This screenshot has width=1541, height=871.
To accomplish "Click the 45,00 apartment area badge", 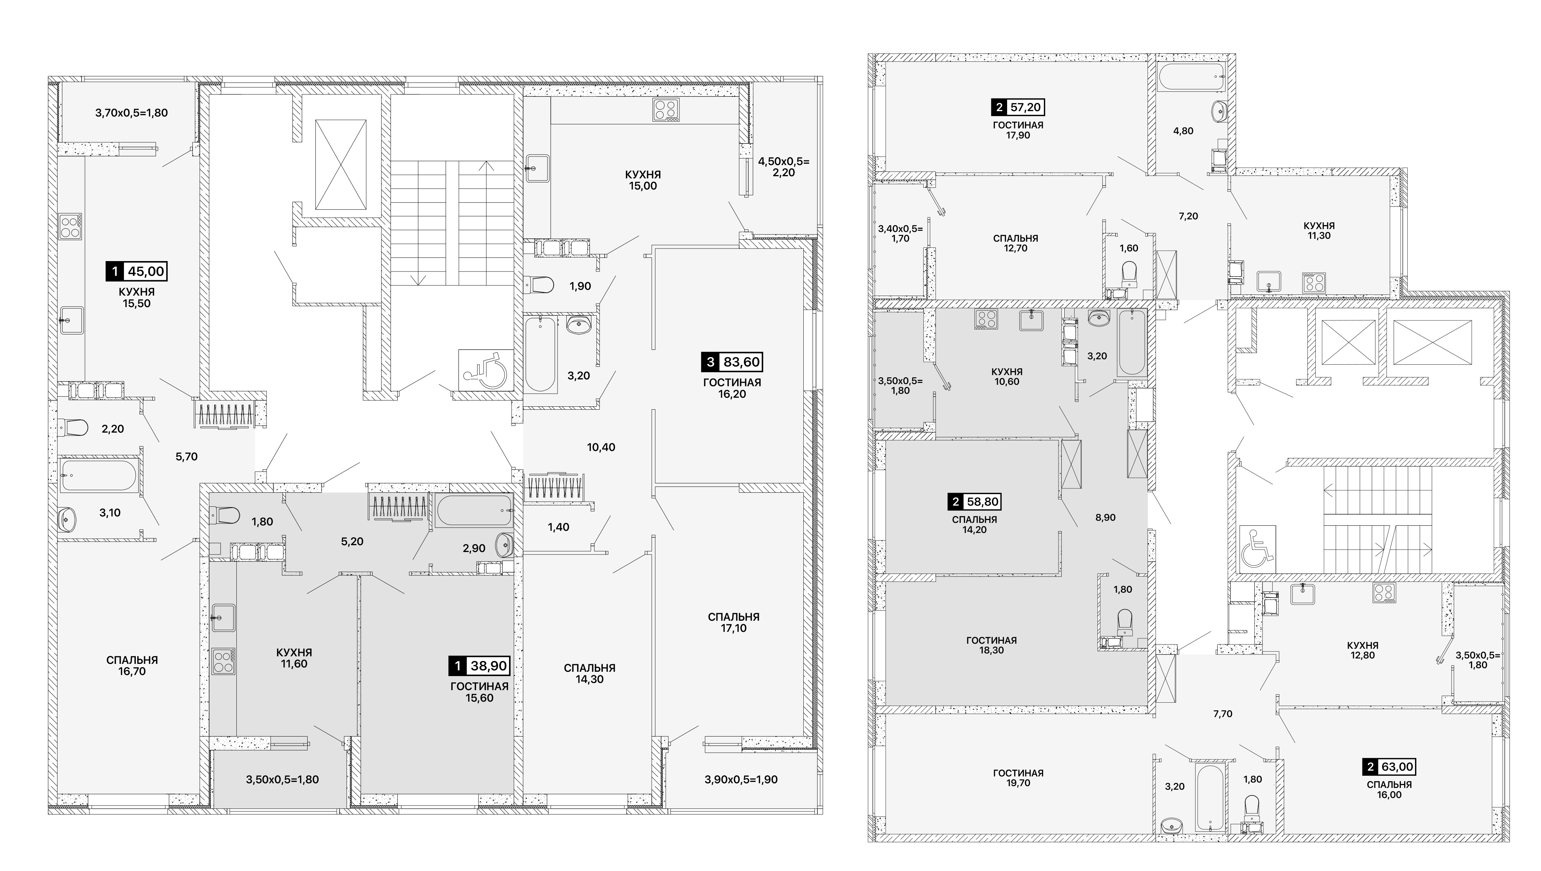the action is click(137, 271).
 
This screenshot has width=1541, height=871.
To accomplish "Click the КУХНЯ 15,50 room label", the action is click(137, 297).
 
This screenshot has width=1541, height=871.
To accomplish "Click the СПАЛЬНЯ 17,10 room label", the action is click(733, 623).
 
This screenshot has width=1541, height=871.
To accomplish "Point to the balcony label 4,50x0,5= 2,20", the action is click(784, 167).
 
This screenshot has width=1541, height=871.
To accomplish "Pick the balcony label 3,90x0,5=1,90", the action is click(741, 779).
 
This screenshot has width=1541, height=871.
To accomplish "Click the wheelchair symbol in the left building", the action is click(486, 370).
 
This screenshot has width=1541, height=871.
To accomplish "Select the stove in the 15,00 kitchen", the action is click(666, 110).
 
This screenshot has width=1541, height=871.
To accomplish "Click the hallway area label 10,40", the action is click(601, 447).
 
